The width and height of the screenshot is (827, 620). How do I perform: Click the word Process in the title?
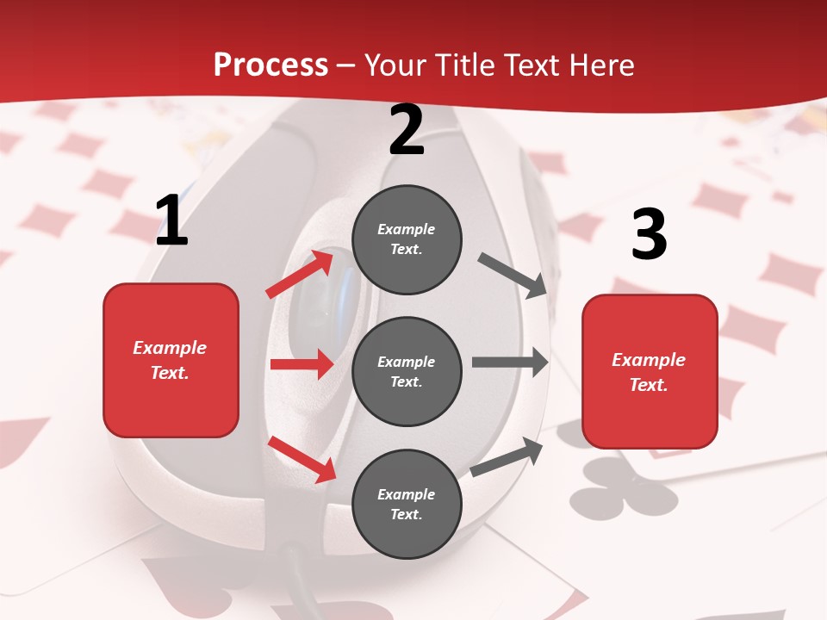(x=270, y=65)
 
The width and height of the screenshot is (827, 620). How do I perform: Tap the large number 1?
(x=171, y=221)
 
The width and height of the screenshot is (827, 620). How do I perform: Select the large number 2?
(x=407, y=130)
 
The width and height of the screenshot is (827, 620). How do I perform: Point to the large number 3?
(x=649, y=235)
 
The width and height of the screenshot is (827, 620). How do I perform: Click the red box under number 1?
(x=171, y=360)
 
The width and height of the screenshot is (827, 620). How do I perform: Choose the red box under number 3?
(x=650, y=371)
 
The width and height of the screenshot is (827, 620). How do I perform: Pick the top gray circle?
(x=407, y=239)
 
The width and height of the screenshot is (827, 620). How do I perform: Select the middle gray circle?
(x=407, y=371)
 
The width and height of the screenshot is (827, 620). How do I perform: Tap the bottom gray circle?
(x=407, y=504)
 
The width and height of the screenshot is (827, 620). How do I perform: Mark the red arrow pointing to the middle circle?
(x=302, y=364)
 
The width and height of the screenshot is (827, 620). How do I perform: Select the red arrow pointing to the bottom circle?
(x=302, y=459)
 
